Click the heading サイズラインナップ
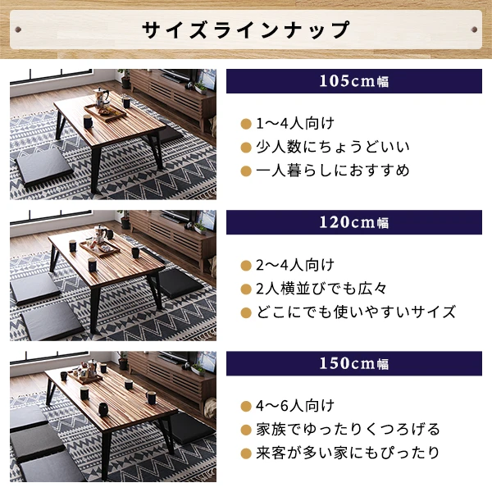(246, 30)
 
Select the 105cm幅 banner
(354, 81)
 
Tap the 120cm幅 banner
(354, 222)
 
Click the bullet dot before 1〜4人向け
(244, 125)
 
